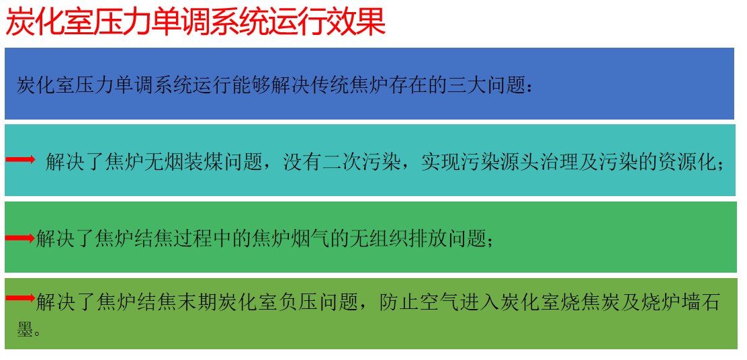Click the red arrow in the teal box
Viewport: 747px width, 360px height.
pyautogui.click(x=20, y=160)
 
